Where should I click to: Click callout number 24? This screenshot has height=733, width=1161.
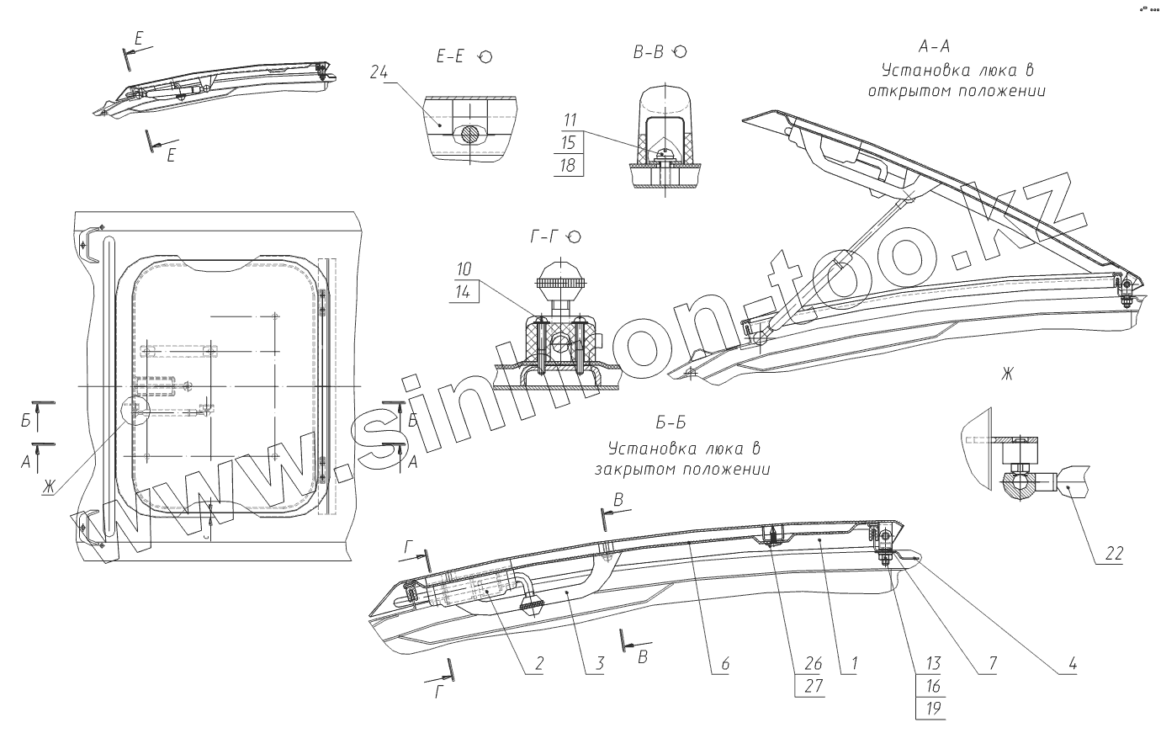click(378, 72)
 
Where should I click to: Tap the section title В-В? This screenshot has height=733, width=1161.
click(648, 52)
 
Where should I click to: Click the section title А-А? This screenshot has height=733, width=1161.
click(935, 45)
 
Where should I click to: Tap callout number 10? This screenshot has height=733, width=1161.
click(464, 269)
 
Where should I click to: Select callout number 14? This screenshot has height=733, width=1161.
click(464, 291)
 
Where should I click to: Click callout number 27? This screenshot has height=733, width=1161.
click(813, 685)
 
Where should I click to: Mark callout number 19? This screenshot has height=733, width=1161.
click(934, 708)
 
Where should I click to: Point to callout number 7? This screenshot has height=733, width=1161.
click(992, 664)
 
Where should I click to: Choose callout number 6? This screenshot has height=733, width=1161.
click(724, 664)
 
